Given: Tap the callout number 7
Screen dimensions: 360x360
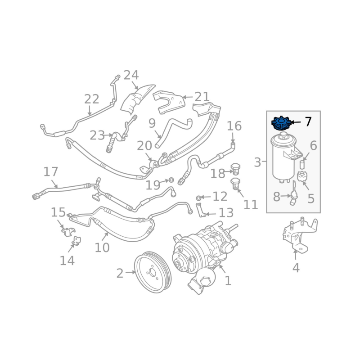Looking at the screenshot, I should tap(308, 122).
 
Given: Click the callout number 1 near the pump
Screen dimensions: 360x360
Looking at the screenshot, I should tap(228, 281).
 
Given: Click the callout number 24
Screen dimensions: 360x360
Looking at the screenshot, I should tap(131, 75).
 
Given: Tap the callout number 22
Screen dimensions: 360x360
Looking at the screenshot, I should tap(91, 99).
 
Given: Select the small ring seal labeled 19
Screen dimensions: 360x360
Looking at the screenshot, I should tap(171, 180).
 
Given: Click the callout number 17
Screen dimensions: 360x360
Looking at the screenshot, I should tap(51, 172).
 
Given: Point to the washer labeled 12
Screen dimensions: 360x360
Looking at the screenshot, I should tap(198, 198).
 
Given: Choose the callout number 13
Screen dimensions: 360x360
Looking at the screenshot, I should tap(226, 213).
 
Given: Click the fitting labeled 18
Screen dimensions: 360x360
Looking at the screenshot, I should tap(234, 171).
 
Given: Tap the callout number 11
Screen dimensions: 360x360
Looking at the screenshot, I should tap(251, 205).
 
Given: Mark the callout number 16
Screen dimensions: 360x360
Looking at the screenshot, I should tap(234, 126).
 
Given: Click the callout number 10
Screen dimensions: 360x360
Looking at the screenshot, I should tap(102, 247).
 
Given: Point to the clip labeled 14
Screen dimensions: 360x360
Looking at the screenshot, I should tap(76, 242).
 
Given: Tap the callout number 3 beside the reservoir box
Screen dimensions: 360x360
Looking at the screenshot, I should tap(257, 162).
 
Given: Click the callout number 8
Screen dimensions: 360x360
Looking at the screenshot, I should tap(277, 197).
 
